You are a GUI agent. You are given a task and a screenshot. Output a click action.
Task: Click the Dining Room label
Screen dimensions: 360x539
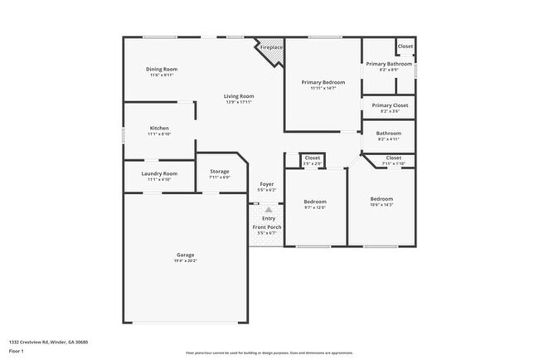tap(163, 70)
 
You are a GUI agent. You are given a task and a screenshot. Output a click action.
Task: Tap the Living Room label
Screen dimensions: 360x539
tap(239, 96)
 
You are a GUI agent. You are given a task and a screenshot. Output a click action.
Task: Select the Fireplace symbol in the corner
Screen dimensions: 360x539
tap(270, 47)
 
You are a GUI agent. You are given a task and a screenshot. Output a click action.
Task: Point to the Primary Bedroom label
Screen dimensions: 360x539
tap(323, 82)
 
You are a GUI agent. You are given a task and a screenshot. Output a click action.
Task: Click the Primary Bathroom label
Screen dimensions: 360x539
tap(388, 64)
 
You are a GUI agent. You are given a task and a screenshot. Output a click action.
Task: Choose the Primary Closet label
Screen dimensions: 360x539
tap(388, 105)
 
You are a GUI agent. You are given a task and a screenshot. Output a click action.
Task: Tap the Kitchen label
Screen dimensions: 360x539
tap(159, 129)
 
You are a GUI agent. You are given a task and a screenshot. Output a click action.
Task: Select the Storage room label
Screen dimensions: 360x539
tap(219, 172)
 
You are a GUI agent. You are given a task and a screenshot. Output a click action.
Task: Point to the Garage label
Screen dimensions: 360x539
tap(185, 255)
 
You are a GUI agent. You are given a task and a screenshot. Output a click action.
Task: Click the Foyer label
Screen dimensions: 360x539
tap(267, 184)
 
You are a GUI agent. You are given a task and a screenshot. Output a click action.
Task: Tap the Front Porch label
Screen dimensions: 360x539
tap(267, 227)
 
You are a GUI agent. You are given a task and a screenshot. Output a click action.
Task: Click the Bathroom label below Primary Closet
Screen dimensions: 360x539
tap(388, 134)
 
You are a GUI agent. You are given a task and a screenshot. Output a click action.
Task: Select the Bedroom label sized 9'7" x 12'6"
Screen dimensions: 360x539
tap(314, 202)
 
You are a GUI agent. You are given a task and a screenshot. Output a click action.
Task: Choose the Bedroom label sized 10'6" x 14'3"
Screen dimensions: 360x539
tap(381, 199)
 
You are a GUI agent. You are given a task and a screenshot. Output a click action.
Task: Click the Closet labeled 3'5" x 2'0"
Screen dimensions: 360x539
tap(313, 158)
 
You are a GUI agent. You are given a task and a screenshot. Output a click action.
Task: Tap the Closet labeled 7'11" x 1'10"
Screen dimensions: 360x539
tap(393, 158)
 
